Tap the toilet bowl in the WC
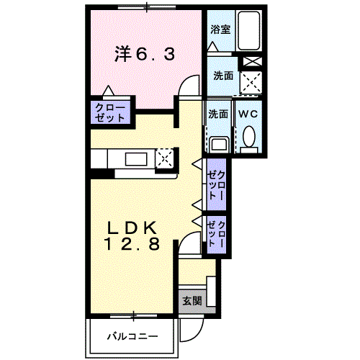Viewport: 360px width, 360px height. tap(249, 137)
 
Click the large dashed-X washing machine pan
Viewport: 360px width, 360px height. tap(251, 84)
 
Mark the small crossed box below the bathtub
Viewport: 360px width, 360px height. tap(251, 62)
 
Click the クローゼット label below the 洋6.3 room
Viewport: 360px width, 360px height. tap(109, 113)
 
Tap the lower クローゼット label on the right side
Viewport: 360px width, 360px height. tap(217, 235)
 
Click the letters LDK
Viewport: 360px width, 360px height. tap(132, 228)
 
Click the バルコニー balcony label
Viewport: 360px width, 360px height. tap(132, 336)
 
